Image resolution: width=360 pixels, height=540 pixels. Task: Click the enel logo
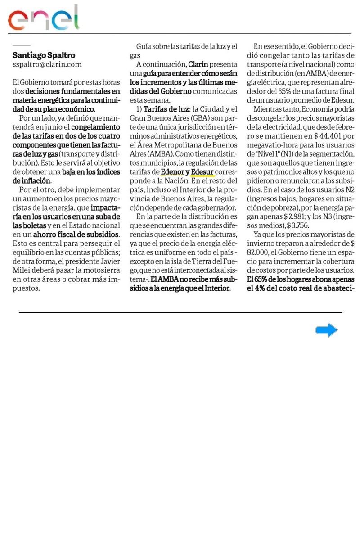43,18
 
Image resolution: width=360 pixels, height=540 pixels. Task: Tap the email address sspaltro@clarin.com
47,64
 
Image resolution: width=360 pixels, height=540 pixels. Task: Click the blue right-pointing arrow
326,330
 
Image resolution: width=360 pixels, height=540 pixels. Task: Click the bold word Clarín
198,65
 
